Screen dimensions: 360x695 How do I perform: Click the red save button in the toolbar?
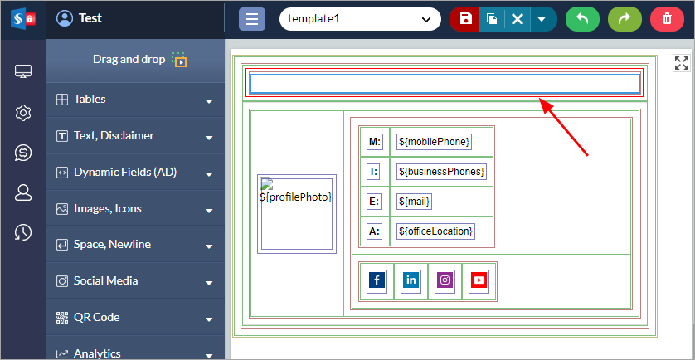tap(465, 19)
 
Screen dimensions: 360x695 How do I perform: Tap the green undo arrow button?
tap(582, 19)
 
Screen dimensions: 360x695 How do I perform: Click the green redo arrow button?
tap(625, 19)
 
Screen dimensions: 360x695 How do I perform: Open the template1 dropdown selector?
tap(359, 19)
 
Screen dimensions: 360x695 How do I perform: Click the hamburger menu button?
tap(252, 19)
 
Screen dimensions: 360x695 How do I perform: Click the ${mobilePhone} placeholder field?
tap(434, 142)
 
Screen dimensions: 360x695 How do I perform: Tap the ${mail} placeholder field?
tap(416, 202)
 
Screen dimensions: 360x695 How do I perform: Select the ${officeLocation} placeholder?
tap(435, 231)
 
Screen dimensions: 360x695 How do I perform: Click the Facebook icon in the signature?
tap(377, 280)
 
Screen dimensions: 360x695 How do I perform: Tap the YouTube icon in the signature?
tap(479, 280)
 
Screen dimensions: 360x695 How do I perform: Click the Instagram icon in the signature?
tap(445, 280)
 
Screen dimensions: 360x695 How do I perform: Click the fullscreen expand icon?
tap(681, 63)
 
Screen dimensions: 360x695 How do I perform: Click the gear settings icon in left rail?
tap(23, 113)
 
